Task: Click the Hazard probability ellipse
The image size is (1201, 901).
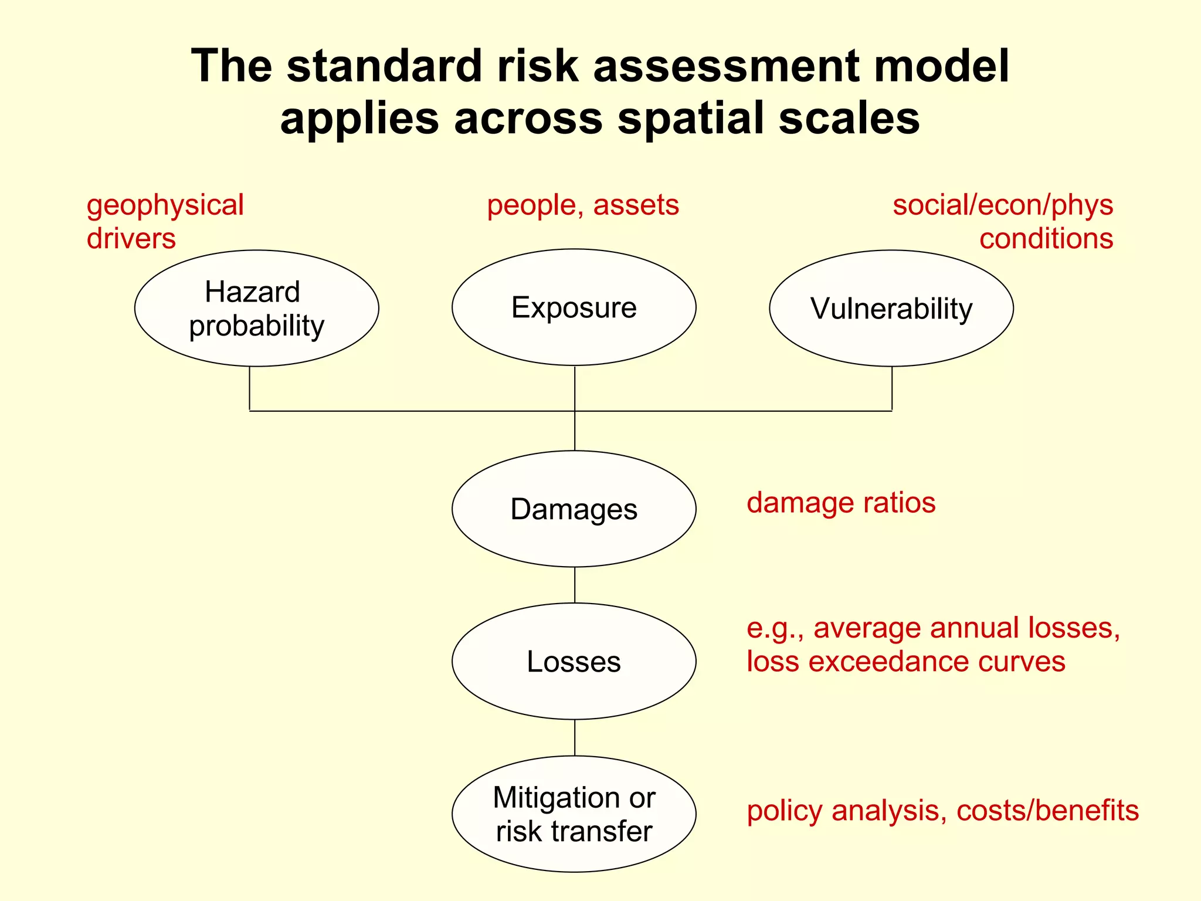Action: pyautogui.click(x=256, y=309)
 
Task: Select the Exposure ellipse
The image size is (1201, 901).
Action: pyautogui.click(x=574, y=307)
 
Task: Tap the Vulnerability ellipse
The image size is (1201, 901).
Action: pyautogui.click(x=891, y=309)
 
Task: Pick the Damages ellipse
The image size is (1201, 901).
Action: pyautogui.click(x=574, y=509)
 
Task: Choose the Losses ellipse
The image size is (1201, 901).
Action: pyautogui.click(x=574, y=661)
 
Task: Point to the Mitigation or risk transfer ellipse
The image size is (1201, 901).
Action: pyautogui.click(x=574, y=814)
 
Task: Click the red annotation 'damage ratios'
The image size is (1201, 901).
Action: pyautogui.click(x=841, y=503)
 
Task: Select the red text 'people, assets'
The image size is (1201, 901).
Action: pyautogui.click(x=583, y=205)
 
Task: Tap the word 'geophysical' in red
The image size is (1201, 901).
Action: pyautogui.click(x=165, y=205)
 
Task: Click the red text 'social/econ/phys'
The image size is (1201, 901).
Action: pyautogui.click(x=1003, y=205)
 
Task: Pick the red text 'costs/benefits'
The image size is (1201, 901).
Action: pyautogui.click(x=1047, y=811)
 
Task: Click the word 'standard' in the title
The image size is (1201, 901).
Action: pyautogui.click(x=385, y=66)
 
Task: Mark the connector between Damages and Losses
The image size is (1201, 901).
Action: pyautogui.click(x=575, y=585)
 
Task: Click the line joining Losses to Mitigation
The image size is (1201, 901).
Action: pyautogui.click(x=575, y=737)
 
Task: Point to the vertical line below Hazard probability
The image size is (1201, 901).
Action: pyautogui.click(x=250, y=388)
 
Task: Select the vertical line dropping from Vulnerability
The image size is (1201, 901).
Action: pyautogui.click(x=892, y=388)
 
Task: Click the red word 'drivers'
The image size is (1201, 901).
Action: pyautogui.click(x=131, y=239)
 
